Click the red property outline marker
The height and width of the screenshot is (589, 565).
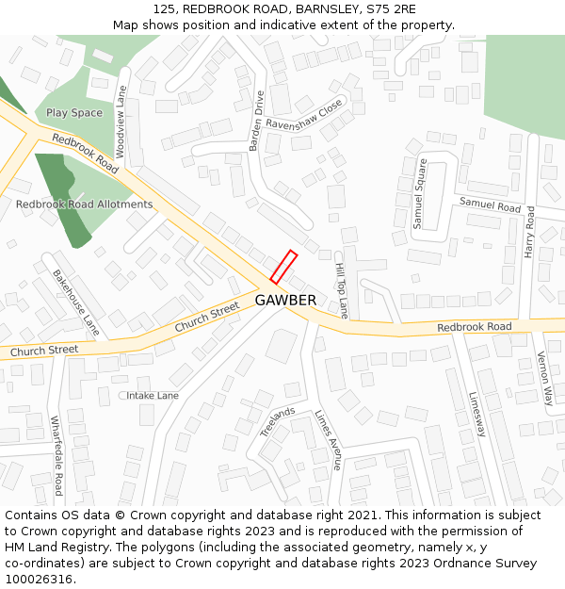tap(283, 267)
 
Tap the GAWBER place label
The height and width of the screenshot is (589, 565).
tap(285, 300)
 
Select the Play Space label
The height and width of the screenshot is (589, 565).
tap(74, 113)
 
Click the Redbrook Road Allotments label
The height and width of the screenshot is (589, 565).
tap(84, 205)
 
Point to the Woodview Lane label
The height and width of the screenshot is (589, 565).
tap(121, 122)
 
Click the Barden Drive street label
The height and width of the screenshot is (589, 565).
tap(259, 121)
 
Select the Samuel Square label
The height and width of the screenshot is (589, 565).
tap(420, 194)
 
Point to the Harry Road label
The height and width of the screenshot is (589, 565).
tap(530, 232)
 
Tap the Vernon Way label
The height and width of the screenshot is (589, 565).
tap(543, 379)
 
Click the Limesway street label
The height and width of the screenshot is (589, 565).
tap(477, 414)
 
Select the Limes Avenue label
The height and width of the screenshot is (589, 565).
tap(329, 439)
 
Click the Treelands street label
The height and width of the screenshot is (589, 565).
tap(278, 421)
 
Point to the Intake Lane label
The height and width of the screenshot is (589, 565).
tap(153, 396)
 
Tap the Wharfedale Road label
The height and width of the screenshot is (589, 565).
tap(56, 456)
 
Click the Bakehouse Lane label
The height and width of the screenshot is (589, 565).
tap(75, 303)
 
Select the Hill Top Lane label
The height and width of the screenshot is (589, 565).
tap(341, 290)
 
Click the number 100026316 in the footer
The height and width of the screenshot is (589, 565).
tap(38, 579)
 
